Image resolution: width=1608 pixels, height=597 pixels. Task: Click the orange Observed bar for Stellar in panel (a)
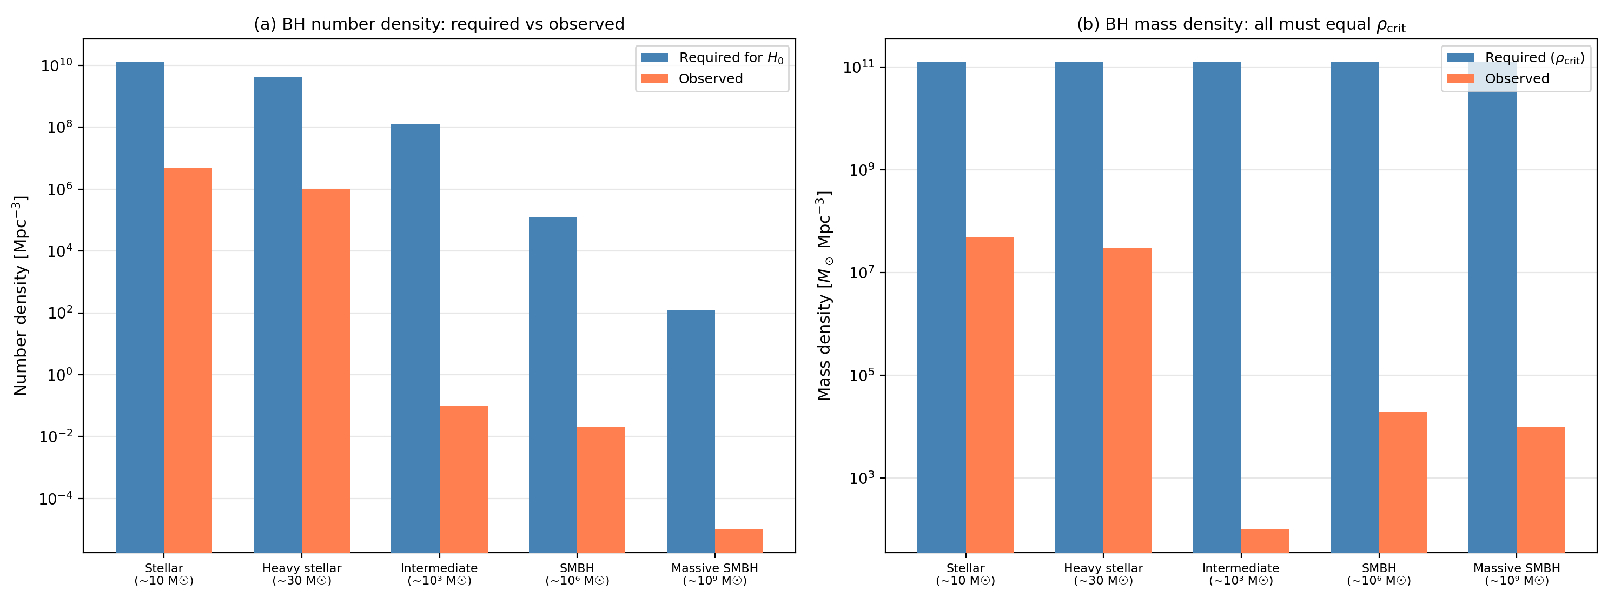(x=187, y=360)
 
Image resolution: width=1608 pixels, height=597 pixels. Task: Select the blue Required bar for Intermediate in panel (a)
(x=415, y=337)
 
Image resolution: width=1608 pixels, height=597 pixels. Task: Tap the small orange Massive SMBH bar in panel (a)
(x=738, y=540)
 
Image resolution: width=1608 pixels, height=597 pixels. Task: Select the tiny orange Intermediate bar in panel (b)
(x=1265, y=540)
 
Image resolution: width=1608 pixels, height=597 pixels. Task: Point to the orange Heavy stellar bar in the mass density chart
(x=1127, y=400)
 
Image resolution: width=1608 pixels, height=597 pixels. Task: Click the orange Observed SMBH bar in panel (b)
(x=1402, y=482)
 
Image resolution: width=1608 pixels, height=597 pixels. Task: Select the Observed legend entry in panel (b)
(x=1516, y=78)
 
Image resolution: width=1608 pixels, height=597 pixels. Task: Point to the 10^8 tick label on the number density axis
(x=60, y=127)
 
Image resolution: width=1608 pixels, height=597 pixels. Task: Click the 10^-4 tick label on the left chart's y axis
(x=56, y=499)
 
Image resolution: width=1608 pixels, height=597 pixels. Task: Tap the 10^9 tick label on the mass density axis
(x=862, y=170)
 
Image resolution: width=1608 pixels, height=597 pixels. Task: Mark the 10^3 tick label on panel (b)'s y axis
(x=862, y=478)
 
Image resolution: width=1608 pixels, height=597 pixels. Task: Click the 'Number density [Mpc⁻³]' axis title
(x=20, y=296)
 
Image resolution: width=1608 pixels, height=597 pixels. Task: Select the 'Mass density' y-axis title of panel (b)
(x=824, y=296)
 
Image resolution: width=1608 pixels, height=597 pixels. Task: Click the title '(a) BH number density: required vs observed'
(x=439, y=24)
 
